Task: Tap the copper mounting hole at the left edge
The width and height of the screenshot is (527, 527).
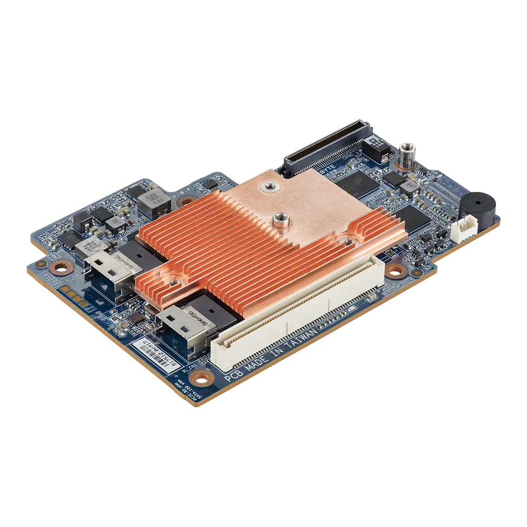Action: [60, 267]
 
